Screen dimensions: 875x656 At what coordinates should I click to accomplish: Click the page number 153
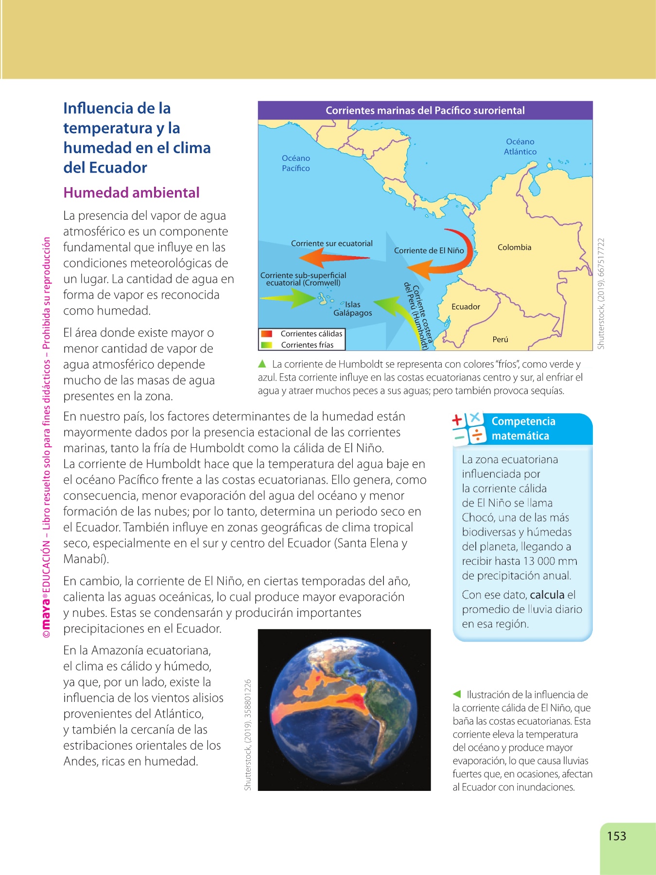point(616,836)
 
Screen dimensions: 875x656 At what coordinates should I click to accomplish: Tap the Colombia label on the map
point(514,247)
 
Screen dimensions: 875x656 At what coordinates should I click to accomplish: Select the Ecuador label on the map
point(466,307)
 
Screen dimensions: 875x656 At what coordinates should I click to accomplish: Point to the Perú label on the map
point(500,339)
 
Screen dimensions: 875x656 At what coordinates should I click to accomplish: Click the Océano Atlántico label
point(520,146)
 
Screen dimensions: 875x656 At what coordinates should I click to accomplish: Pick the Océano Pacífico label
point(295,163)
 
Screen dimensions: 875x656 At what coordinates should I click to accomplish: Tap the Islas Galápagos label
point(353,309)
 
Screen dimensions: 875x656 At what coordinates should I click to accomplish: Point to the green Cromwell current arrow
point(292,298)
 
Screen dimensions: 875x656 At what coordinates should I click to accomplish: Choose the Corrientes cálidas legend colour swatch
point(266,334)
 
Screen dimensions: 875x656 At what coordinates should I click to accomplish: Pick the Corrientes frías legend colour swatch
point(266,345)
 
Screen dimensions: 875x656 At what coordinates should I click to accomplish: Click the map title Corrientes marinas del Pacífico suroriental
point(425,110)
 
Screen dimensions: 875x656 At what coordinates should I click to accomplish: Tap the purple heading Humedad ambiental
point(131,192)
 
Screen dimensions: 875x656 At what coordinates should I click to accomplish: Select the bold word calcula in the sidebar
point(547,595)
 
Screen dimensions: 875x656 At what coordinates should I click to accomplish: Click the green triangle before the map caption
point(262,364)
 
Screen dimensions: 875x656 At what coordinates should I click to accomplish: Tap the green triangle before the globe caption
point(457,694)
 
